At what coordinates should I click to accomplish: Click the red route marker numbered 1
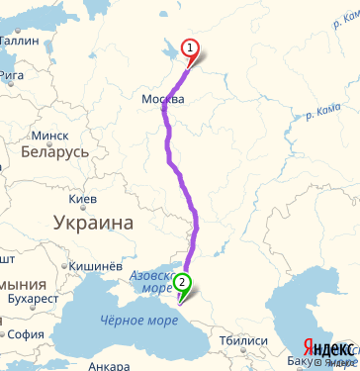pos(190,48)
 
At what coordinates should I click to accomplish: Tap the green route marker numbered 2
pos(182,282)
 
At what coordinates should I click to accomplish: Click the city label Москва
pos(163,100)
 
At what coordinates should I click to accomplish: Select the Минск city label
pos(50,135)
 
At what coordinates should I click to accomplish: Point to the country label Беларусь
pos(55,153)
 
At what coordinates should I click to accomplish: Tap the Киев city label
pos(83,200)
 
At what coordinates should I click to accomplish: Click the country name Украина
pos(94,223)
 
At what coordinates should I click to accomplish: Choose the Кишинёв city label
pos(95,266)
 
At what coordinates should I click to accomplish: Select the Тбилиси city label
pos(244,340)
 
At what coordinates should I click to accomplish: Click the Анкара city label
pos(109,365)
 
